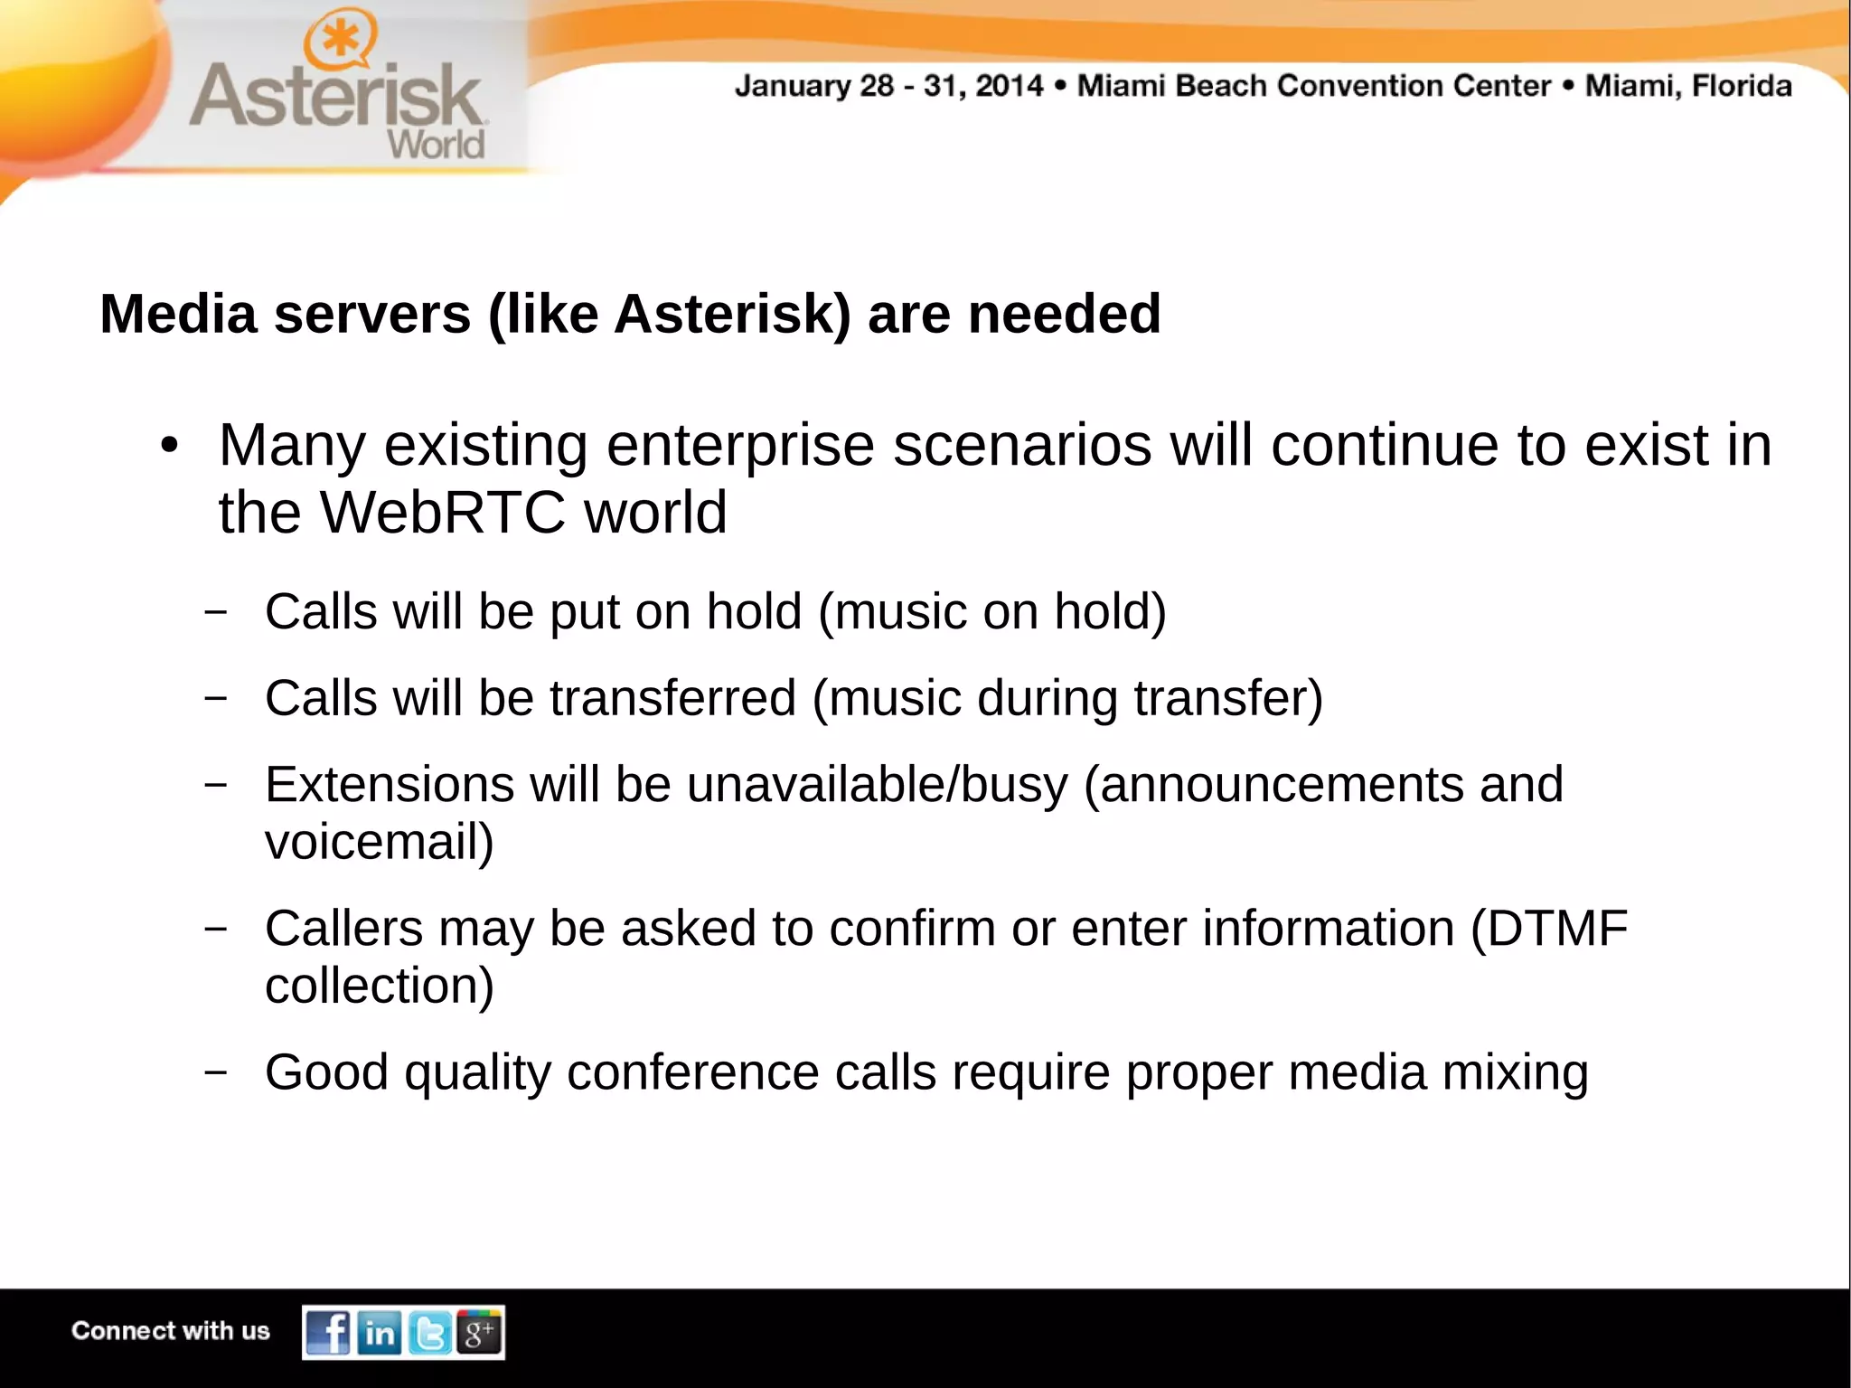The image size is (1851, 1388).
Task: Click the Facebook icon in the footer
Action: click(328, 1332)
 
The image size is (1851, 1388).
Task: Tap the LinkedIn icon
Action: click(380, 1332)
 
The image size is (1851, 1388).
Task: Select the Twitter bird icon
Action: click(429, 1332)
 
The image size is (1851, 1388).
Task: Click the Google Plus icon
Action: click(479, 1332)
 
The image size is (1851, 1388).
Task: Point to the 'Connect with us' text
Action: click(171, 1331)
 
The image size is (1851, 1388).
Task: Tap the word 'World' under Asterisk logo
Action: click(436, 144)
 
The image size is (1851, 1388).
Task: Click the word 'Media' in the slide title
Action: click(178, 314)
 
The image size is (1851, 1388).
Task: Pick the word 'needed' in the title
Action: click(1064, 314)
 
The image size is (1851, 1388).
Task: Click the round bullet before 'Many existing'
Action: click(169, 446)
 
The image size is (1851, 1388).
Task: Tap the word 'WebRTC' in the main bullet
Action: click(443, 513)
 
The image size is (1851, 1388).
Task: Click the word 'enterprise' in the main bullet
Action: click(740, 446)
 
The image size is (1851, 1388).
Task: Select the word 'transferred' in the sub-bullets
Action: click(672, 698)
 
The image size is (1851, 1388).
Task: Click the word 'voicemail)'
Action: click(380, 842)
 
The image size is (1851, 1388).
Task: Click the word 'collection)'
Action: click(380, 986)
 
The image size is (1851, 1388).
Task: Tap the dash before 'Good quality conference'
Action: click(215, 1072)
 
